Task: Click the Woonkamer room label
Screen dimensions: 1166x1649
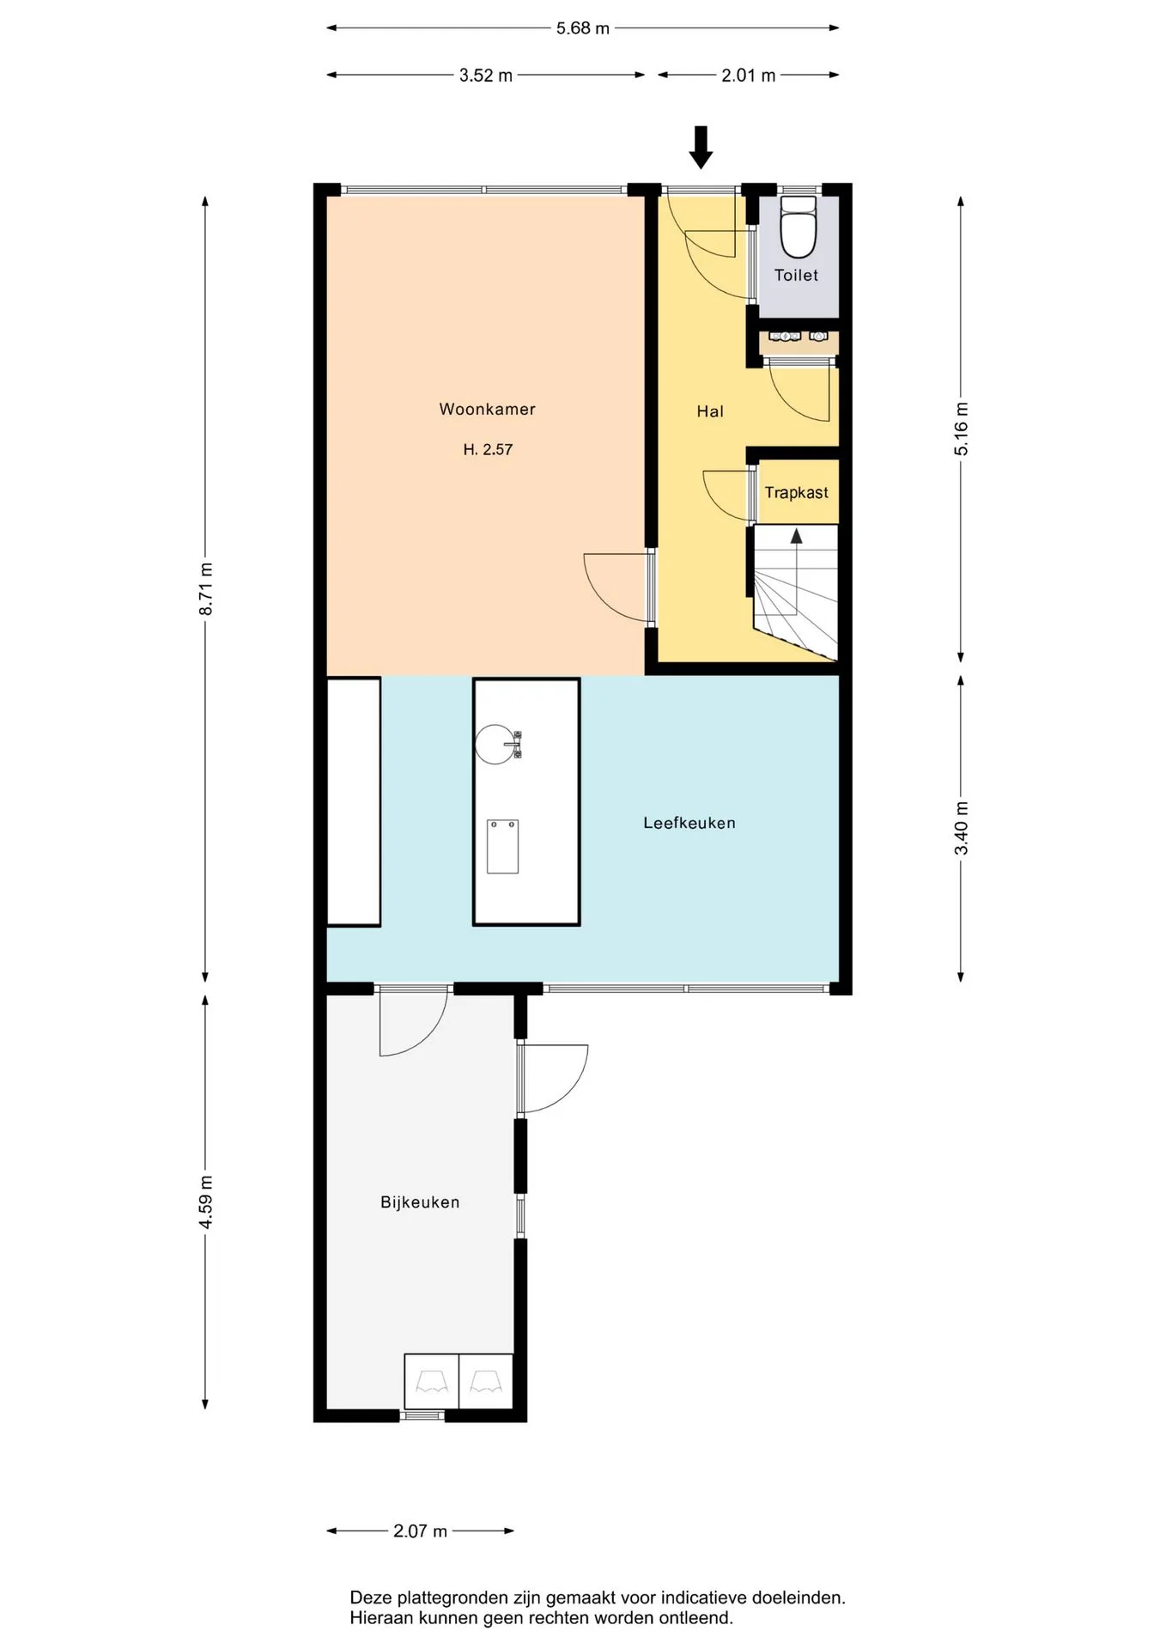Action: (487, 410)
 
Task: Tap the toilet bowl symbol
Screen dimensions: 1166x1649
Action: (799, 227)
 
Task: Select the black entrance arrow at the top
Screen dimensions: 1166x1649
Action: (701, 147)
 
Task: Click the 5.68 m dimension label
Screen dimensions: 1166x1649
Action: (583, 28)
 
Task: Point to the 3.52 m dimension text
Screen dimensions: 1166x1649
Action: (486, 76)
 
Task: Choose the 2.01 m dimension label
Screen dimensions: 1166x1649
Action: (748, 76)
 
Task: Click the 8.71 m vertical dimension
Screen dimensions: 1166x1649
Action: (206, 588)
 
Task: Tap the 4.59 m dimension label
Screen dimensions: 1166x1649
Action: (206, 1202)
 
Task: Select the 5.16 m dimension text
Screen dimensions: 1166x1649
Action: (962, 429)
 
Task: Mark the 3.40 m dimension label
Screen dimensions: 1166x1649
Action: (962, 828)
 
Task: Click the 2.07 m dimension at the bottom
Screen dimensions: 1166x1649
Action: (421, 1531)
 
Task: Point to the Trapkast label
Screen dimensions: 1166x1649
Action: (797, 493)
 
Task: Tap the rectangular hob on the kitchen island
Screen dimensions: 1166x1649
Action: (502, 847)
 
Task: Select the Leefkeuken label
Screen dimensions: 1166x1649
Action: (689, 823)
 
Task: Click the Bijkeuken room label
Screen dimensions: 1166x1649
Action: (420, 1202)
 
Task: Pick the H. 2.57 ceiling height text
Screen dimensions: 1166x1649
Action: (488, 449)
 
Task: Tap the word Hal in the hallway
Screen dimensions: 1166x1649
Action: (710, 411)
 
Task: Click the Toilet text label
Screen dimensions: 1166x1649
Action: (796, 276)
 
